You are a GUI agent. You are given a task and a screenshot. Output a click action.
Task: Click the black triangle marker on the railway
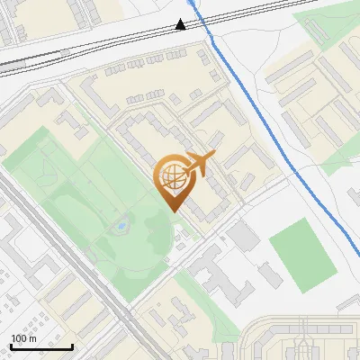tap(182, 24)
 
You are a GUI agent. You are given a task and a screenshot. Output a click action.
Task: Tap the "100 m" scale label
tap(24, 338)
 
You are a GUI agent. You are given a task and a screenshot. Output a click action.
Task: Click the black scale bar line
tap(41, 346)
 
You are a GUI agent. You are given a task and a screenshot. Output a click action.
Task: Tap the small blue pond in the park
tap(118, 227)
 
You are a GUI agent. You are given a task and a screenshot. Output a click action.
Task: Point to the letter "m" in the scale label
tap(33, 338)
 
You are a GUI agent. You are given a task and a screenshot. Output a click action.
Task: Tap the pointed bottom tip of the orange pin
tap(172, 210)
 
